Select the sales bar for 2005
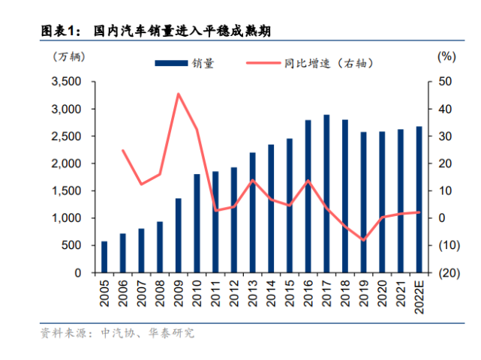pos(104,256)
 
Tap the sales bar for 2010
pos(197,223)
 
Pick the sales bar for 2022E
pos(419,199)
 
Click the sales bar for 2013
pos(252,212)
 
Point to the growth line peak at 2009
pos(179,94)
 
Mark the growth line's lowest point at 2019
pos(363,240)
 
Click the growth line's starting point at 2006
pos(123,151)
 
